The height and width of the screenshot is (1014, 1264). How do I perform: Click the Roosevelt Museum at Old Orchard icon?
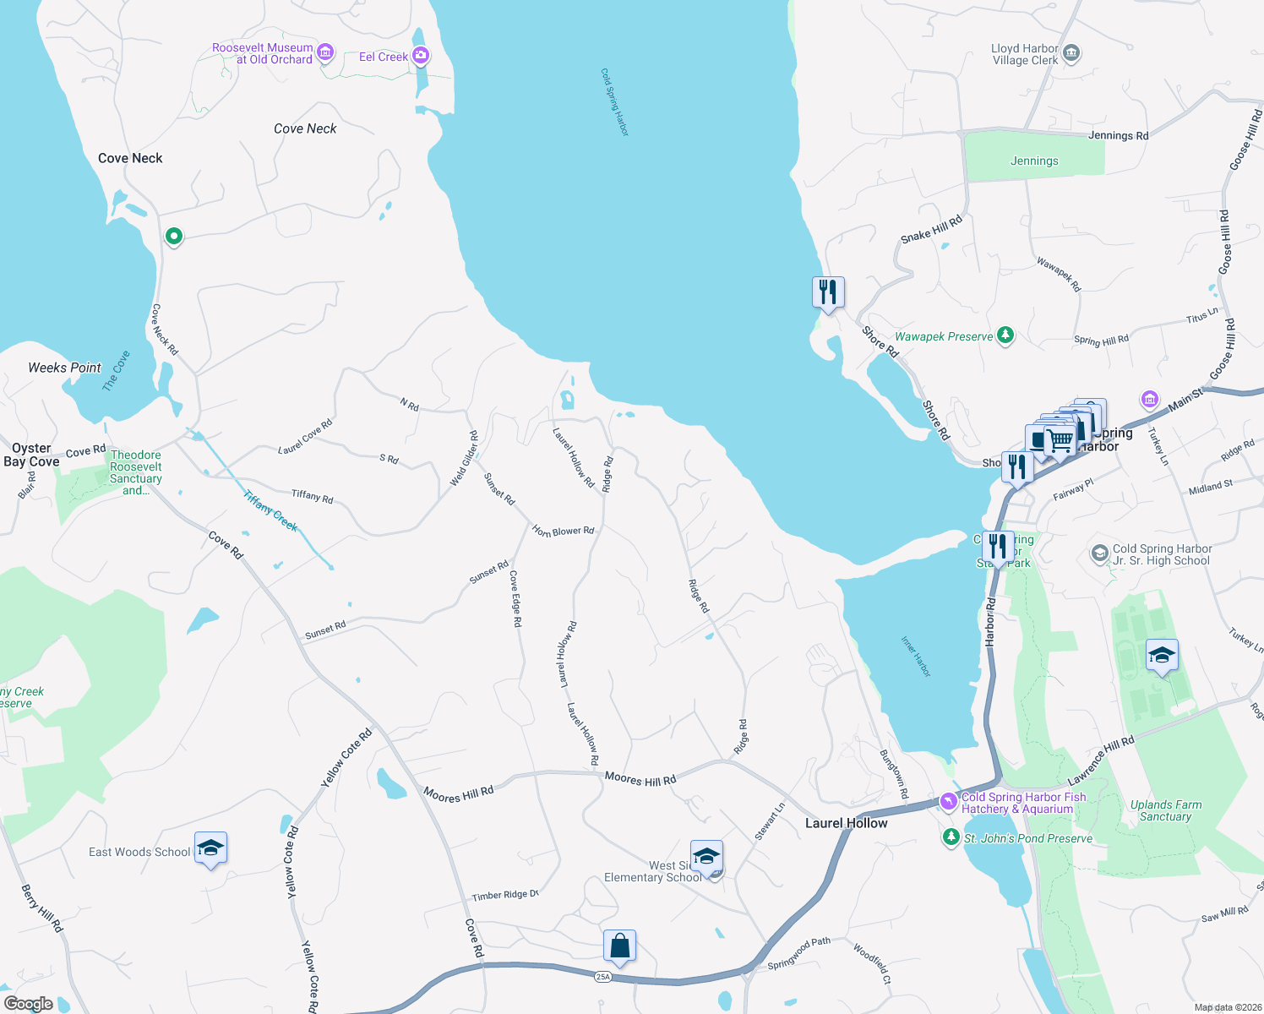click(324, 54)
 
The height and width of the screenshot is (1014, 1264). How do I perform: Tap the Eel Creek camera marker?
click(420, 57)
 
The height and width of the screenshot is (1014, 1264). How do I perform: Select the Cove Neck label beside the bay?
click(130, 158)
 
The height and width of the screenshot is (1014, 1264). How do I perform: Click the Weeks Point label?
click(64, 368)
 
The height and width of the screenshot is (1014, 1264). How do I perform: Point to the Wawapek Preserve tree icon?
click(1005, 336)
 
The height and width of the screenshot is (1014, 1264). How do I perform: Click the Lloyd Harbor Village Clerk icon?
click(1071, 54)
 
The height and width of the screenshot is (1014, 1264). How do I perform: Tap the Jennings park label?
click(1034, 161)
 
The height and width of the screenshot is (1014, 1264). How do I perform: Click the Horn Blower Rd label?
click(563, 532)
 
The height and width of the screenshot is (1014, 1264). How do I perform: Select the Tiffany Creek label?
click(270, 510)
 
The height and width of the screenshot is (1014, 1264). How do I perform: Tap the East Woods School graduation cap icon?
click(210, 848)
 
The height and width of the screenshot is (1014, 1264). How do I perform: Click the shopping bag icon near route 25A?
click(619, 946)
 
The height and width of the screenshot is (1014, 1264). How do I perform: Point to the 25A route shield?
click(602, 977)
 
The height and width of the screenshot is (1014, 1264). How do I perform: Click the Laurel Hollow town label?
click(846, 823)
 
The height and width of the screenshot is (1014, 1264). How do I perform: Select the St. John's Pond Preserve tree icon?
click(951, 837)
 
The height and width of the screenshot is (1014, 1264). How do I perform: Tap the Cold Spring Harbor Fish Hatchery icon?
click(949, 800)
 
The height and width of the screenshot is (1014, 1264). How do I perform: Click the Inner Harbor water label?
click(915, 657)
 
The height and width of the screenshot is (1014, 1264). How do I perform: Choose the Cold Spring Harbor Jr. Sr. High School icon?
click(1099, 554)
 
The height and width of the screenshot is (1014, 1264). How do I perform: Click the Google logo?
click(28, 1004)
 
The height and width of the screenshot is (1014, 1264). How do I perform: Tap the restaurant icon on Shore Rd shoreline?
click(828, 292)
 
